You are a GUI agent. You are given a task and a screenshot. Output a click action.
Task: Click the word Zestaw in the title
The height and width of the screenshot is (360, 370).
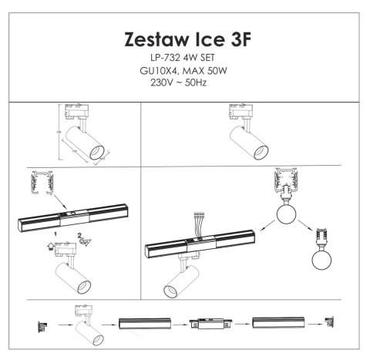tap(153, 40)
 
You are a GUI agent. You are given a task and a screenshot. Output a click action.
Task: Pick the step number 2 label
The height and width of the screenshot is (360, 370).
tap(79, 233)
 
